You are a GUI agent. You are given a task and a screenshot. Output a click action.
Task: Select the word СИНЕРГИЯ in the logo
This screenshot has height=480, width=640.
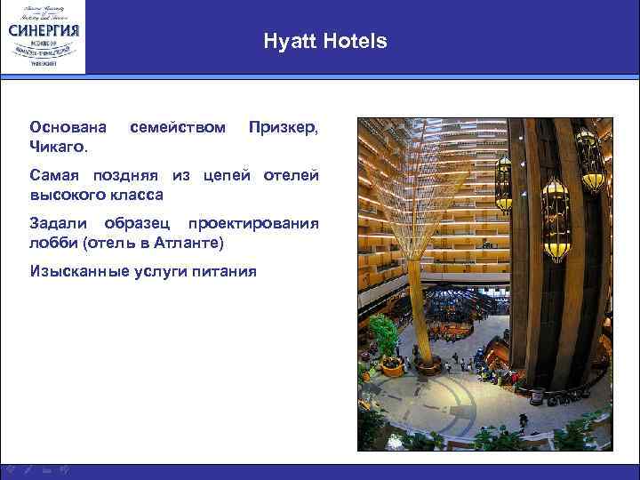point(44,29)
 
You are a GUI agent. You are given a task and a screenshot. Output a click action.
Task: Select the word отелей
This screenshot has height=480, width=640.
point(291,175)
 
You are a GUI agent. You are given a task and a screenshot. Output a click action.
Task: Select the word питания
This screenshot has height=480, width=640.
point(227,271)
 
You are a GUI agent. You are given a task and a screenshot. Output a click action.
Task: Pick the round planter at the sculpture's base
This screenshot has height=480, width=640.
point(423,367)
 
